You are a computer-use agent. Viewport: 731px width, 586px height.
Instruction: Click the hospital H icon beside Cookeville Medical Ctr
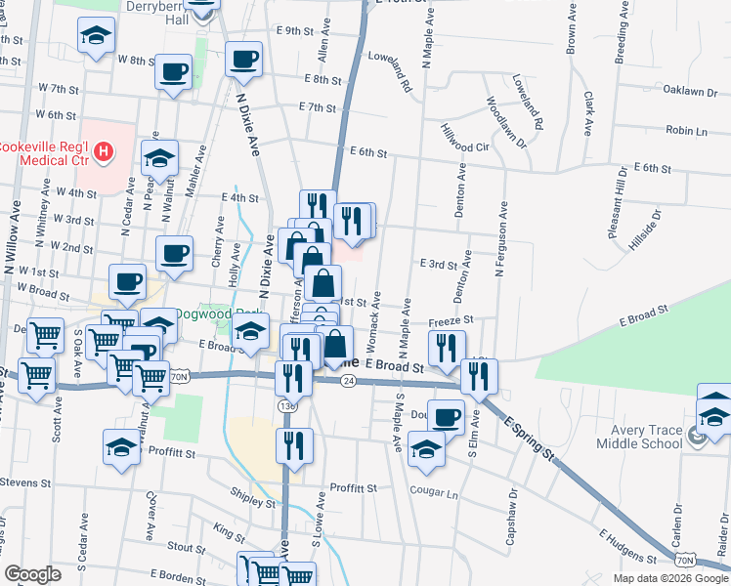pos(104,152)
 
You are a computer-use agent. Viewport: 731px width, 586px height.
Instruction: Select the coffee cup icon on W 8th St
pos(174,71)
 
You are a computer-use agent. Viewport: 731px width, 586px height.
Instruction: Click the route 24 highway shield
pos(347,381)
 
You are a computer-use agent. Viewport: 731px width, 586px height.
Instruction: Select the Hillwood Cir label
pos(464,138)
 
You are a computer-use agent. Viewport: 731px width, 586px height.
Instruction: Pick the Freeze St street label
pos(451,319)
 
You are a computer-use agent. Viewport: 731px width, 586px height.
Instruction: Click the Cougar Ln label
pos(434,494)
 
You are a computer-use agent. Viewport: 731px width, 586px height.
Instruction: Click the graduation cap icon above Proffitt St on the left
pos(122,447)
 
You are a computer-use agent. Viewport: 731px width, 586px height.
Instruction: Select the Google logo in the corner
pos(32,574)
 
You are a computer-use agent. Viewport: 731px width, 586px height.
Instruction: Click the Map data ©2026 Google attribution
pos(669,577)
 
